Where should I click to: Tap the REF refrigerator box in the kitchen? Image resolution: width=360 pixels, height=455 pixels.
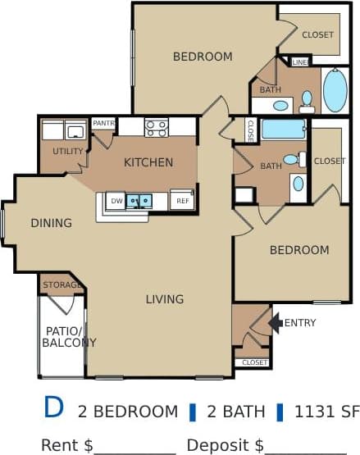point(181,200)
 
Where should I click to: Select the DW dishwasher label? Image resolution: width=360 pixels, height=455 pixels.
point(116,200)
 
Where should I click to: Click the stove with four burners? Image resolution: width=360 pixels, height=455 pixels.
point(157,128)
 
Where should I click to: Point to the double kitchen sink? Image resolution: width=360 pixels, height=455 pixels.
point(138,199)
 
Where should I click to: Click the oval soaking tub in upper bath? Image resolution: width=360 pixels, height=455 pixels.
point(335,90)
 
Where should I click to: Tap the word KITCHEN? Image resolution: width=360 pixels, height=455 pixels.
point(148,162)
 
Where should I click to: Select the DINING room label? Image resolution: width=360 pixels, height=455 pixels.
point(51,222)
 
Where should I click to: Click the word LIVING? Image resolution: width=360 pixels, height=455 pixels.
point(165,299)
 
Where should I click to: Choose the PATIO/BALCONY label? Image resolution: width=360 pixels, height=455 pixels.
point(69,337)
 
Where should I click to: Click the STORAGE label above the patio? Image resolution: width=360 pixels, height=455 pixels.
point(62,285)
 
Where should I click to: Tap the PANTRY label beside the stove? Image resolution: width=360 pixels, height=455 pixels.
point(103,123)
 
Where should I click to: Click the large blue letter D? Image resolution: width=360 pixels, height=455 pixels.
point(53,407)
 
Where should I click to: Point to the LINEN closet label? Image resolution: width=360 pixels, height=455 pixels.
point(300,62)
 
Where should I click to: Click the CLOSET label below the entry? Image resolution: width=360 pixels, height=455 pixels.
point(254,362)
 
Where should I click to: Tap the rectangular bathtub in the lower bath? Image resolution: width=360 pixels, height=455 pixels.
point(284,129)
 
